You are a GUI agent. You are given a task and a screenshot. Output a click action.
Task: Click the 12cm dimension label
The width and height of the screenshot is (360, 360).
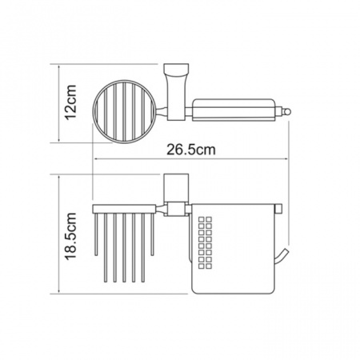(71, 102)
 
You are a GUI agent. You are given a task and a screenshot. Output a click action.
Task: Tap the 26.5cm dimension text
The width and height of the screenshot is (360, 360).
(191, 150)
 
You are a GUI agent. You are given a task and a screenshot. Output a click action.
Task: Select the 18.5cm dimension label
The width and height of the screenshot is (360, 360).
(71, 236)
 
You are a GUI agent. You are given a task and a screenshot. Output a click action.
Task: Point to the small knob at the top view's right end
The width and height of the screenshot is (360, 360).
(287, 111)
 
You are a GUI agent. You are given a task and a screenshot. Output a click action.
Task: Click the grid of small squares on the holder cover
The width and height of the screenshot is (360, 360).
(206, 242)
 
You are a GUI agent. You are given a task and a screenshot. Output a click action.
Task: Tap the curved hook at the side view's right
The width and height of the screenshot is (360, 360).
(282, 258)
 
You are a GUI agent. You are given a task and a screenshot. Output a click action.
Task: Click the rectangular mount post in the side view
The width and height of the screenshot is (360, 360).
(176, 188)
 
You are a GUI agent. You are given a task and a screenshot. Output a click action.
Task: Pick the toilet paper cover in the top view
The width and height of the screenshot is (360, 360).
(234, 110)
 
